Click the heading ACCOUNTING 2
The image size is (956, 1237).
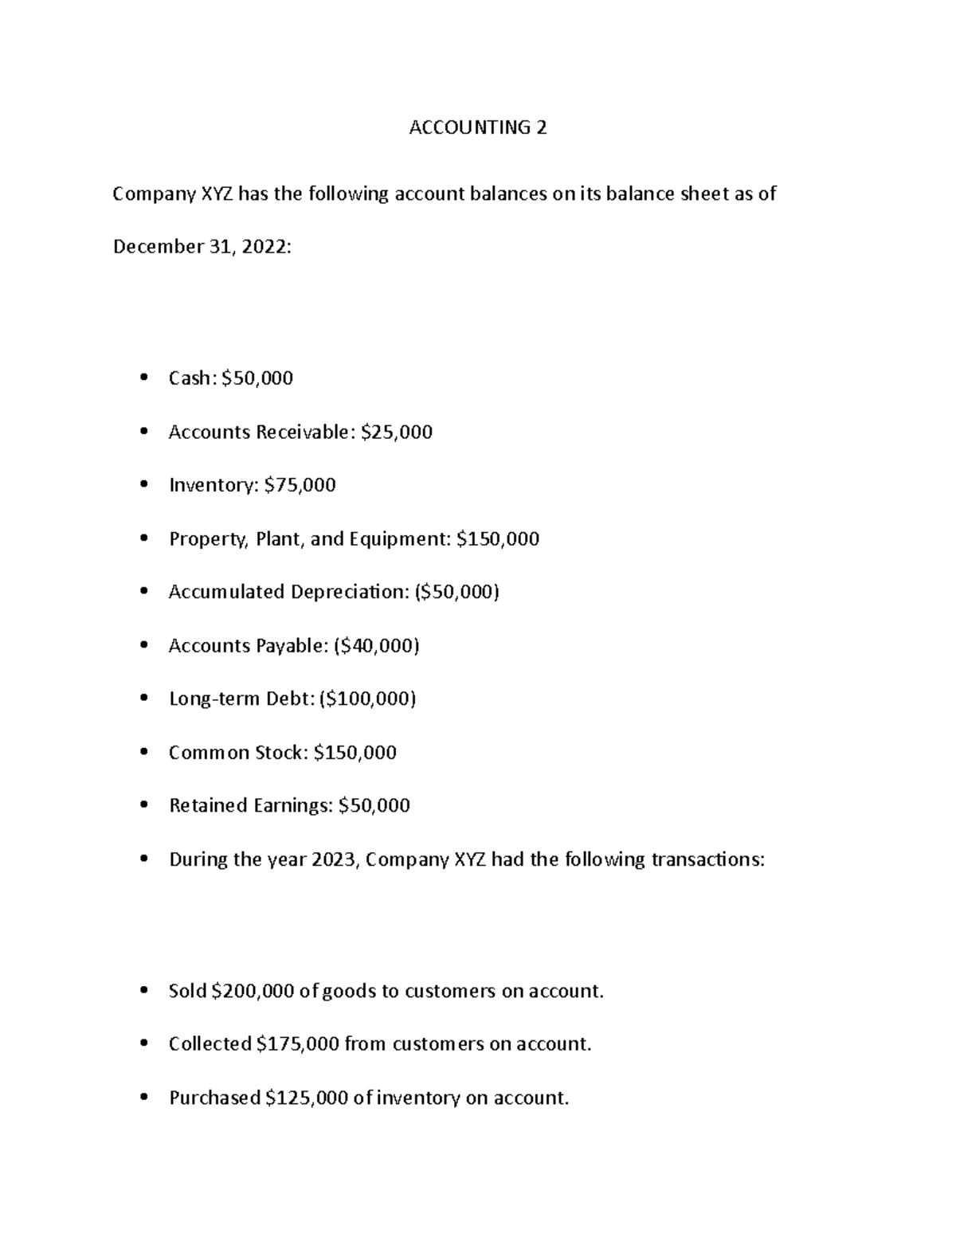click(477, 127)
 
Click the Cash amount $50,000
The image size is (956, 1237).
click(257, 378)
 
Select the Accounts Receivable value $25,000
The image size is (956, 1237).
click(397, 433)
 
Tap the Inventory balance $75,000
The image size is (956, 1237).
click(300, 485)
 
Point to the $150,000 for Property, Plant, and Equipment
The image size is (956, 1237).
click(498, 539)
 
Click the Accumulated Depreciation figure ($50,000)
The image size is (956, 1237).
click(456, 592)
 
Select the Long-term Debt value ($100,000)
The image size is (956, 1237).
click(367, 699)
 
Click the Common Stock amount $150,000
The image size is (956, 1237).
click(355, 753)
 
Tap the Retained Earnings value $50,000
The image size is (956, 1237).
click(374, 805)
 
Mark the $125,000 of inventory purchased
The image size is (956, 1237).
click(307, 1098)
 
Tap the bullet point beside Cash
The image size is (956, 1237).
click(143, 378)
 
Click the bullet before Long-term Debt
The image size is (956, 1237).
click(143, 699)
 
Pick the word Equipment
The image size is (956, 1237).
click(405, 540)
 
